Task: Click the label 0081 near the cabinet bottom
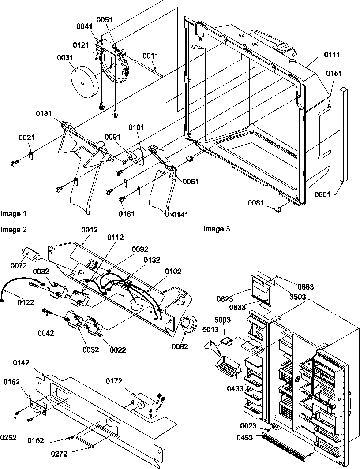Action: (x=255, y=203)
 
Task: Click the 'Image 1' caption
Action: (x=13, y=213)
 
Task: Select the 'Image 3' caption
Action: (x=217, y=229)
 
